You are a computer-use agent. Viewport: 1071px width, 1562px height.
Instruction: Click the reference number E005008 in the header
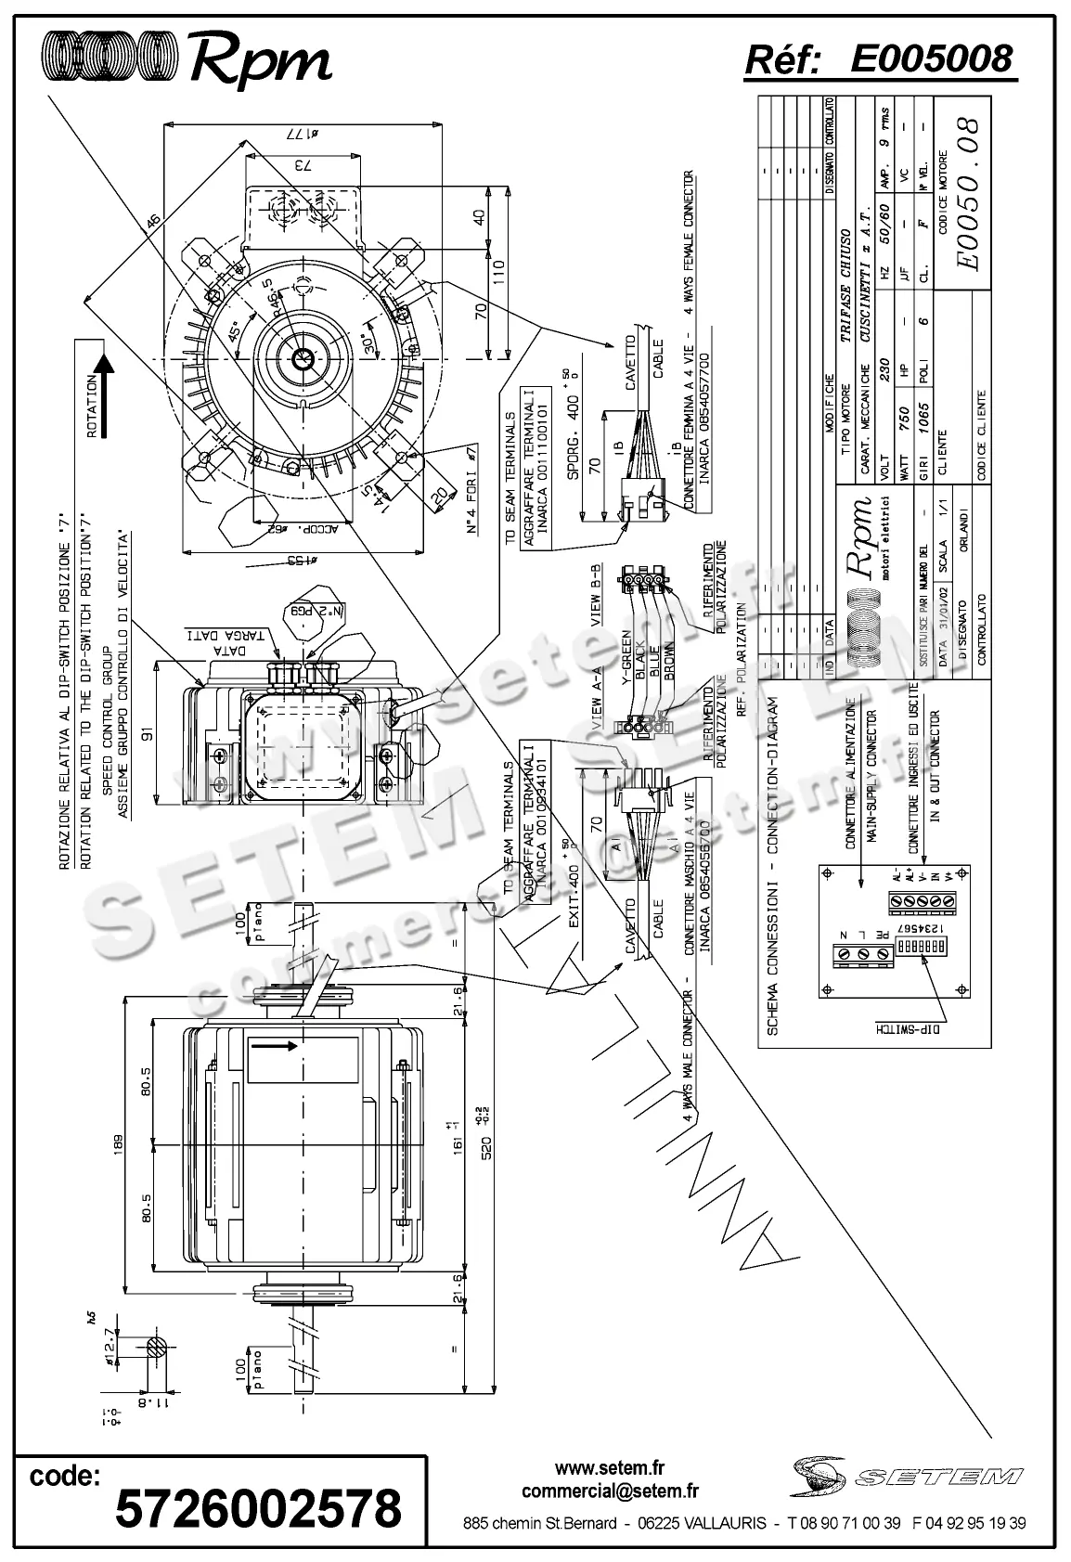pyautogui.click(x=931, y=58)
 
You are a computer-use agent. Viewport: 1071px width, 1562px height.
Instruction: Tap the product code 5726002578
pyautogui.click(x=258, y=1510)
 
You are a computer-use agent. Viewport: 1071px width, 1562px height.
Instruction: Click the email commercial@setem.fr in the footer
pyautogui.click(x=610, y=1491)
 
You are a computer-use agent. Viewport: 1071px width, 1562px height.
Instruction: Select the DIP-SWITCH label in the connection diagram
pyautogui.click(x=906, y=1028)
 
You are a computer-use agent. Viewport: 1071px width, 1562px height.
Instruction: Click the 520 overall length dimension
pyautogui.click(x=486, y=1142)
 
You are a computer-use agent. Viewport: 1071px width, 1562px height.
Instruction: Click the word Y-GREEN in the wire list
pyautogui.click(x=626, y=658)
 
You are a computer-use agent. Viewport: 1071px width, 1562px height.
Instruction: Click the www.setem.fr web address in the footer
pyautogui.click(x=610, y=1468)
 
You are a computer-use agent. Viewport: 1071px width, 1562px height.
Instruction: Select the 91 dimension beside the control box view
pyautogui.click(x=147, y=733)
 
